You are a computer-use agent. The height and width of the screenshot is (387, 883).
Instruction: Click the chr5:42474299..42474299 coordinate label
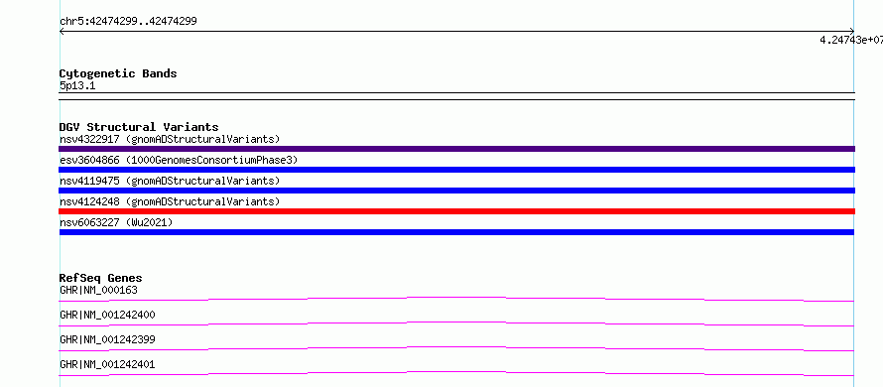point(128,22)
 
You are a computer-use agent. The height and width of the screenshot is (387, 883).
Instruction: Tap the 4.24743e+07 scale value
point(851,40)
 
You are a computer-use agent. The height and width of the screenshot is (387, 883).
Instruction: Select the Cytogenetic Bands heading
point(118,73)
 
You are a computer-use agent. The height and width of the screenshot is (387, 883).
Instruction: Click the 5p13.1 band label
point(77,86)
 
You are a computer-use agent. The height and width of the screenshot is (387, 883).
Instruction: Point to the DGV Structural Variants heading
point(139,127)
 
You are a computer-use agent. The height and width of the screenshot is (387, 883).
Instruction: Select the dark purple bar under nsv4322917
point(456,149)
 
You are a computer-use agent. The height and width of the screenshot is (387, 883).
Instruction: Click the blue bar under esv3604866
point(456,170)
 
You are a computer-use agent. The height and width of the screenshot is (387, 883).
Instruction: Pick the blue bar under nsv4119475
point(456,191)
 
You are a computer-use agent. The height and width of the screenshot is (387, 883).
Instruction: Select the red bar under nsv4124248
point(456,211)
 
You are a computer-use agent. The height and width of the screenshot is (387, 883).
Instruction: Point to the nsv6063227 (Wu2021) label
point(116,222)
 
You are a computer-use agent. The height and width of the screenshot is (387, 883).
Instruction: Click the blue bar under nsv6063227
point(456,232)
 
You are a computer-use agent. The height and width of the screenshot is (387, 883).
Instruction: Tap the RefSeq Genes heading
point(101,278)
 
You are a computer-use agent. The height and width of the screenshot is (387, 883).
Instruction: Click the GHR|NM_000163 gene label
point(98,291)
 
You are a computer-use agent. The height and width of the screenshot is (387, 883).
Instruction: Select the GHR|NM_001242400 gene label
point(107,316)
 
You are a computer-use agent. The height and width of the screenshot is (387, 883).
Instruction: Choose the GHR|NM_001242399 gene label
point(107,340)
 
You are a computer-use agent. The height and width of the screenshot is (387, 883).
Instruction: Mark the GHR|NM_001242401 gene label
point(107,365)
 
